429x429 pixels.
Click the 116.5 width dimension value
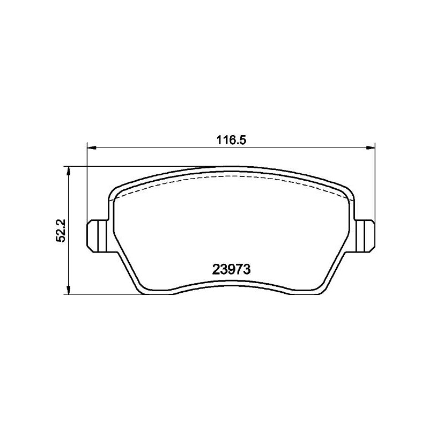pyautogui.click(x=232, y=140)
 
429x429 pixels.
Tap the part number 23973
pyautogui.click(x=232, y=270)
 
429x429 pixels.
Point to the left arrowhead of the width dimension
pyautogui.click(x=92, y=148)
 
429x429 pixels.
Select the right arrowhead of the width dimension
pyautogui.click(x=370, y=148)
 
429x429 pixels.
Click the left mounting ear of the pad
pyautogui.click(x=97, y=236)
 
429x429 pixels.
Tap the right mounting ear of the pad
pyautogui.click(x=365, y=236)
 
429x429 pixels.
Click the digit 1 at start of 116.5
pyautogui.click(x=219, y=140)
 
